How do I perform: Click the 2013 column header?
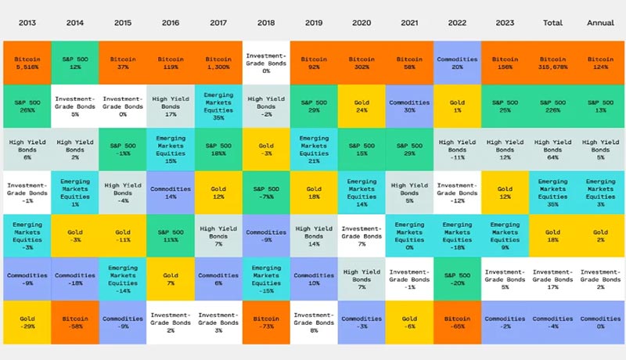27,23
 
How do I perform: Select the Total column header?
552,23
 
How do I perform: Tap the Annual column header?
600,23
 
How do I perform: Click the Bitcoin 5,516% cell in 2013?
27,63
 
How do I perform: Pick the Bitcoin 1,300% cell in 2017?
218,63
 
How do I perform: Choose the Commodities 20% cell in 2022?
457,63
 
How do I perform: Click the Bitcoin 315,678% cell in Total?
552,63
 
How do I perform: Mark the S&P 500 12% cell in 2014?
75,63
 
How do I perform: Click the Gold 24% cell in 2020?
362,106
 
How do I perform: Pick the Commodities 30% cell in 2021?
409,106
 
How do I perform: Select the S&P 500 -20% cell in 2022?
457,279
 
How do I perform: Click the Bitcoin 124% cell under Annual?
600,63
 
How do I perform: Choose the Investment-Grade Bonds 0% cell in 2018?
266,63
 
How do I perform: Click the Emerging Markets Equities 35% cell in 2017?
218,106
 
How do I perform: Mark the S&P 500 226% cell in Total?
552,106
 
